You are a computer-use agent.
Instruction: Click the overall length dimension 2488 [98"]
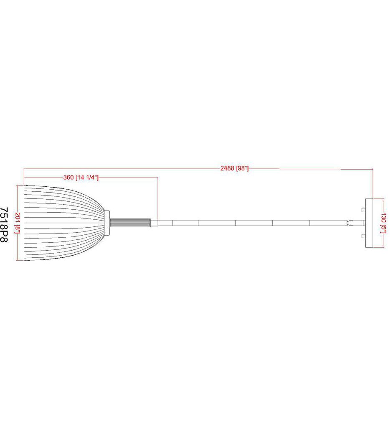pos(234,168)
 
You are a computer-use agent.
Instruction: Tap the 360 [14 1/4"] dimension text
pos(81,178)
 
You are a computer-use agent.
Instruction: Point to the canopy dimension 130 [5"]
pos(383,223)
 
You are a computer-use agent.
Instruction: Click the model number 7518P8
pos(4,225)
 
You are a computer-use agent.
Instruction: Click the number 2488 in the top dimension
pos(227,168)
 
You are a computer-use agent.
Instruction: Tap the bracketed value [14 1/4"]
pos(87,178)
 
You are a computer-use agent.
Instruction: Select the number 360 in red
pos(68,178)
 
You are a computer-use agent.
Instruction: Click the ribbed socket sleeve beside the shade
pos(130,223)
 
